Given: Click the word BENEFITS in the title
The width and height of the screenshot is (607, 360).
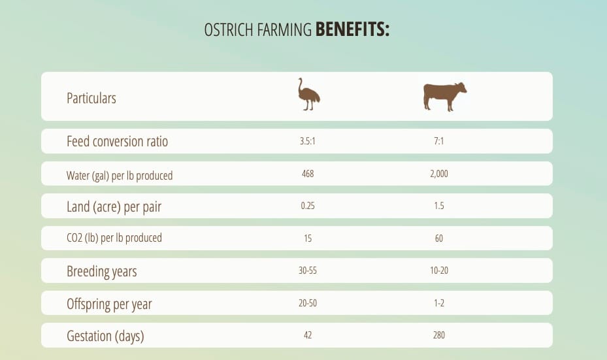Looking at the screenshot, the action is coord(352,29).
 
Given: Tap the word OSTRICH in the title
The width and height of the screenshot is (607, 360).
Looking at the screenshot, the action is coord(229,30).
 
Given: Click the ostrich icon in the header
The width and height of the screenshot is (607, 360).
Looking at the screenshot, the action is coord(308,94).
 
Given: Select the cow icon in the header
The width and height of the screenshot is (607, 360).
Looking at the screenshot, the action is coord(444,97).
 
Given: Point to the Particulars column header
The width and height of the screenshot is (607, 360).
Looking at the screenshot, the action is coord(91,98).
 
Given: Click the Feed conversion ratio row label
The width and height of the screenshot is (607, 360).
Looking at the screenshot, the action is coord(118,141).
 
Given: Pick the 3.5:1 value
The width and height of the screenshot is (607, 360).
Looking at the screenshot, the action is coord(307,141).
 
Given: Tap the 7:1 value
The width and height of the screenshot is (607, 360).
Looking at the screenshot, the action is coord(438,141).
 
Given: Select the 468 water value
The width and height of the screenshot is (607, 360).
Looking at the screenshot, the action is coord(308,173).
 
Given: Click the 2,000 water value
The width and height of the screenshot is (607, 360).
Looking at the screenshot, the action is coord(439,173).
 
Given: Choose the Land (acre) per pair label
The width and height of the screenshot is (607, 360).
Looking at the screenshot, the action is coord(114,206).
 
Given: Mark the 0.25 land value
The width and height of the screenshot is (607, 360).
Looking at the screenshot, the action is coord(308,206).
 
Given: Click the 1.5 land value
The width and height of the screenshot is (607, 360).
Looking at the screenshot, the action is coord(439,206).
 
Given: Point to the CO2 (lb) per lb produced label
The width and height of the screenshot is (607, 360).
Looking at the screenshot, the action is coord(114,238).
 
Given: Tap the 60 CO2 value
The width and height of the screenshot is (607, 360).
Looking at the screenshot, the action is coord(439,238).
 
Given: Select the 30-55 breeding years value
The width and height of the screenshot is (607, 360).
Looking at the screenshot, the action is coord(308,270).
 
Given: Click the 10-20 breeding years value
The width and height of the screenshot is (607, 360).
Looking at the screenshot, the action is coord(439,270).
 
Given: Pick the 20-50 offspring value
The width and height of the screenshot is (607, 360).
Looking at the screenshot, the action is coord(308,303).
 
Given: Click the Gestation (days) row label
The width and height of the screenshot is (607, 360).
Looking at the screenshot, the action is coord(105,336).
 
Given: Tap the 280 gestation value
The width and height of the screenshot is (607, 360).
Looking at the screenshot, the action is coord(439,335).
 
